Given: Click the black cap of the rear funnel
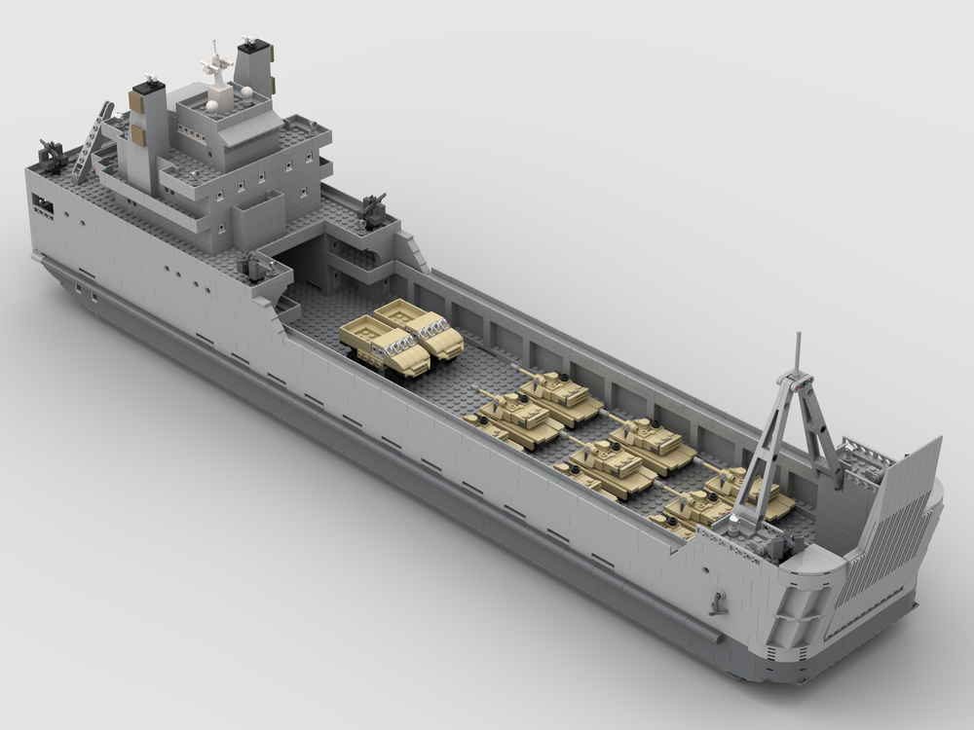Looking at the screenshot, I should [x=148, y=89].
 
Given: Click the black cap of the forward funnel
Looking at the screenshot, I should [x=253, y=45].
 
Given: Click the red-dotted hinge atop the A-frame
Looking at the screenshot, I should [x=797, y=382].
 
